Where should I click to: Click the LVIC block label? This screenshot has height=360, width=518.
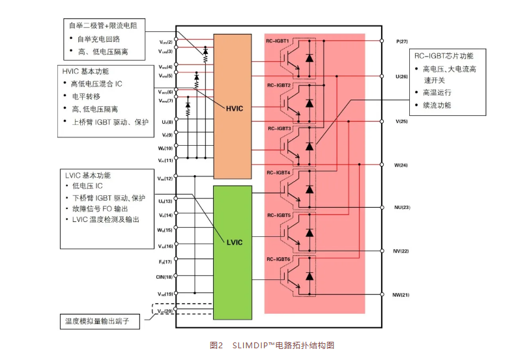click(x=235, y=243)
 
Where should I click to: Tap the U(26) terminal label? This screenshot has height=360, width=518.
click(x=401, y=77)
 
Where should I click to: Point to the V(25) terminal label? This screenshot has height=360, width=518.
click(x=401, y=122)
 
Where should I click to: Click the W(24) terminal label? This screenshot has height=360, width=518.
click(x=401, y=165)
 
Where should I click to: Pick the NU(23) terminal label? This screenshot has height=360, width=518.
click(x=402, y=208)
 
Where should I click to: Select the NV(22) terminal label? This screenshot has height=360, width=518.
click(x=402, y=251)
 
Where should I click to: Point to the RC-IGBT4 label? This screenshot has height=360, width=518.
click(x=278, y=173)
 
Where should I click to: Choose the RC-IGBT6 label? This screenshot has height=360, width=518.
click(x=278, y=259)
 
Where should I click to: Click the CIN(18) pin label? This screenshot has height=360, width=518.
click(x=165, y=277)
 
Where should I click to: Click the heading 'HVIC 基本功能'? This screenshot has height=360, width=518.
click(x=86, y=71)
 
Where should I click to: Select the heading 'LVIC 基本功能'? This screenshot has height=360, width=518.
click(x=87, y=176)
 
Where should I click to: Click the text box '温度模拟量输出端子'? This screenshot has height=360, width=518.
click(x=99, y=321)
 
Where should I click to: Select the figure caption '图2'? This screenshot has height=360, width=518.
click(x=216, y=345)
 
